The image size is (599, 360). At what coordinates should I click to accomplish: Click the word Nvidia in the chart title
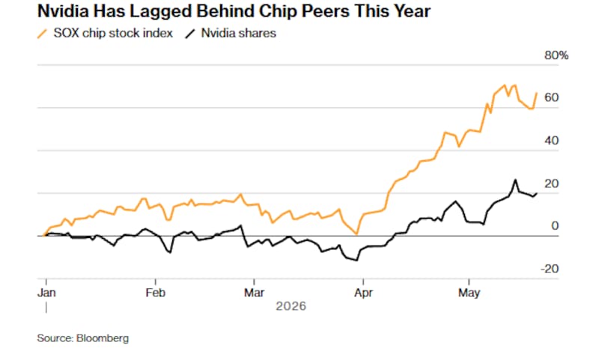click(x=63, y=11)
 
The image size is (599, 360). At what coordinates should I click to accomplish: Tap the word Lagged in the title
click(x=160, y=12)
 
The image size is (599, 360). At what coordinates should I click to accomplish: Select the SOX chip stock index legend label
click(x=113, y=33)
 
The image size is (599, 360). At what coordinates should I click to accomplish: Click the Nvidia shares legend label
click(x=238, y=33)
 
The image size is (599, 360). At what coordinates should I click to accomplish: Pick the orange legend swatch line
click(x=42, y=34)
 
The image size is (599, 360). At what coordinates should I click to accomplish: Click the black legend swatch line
click(x=190, y=34)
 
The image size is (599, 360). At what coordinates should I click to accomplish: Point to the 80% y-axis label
click(x=556, y=55)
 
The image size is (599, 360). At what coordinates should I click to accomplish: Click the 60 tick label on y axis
click(x=551, y=98)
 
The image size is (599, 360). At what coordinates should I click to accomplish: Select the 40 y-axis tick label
click(x=551, y=141)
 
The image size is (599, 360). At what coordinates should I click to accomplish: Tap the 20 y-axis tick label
click(x=551, y=183)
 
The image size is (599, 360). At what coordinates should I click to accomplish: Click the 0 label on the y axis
click(x=555, y=226)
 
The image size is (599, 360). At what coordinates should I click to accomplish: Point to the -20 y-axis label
click(x=550, y=269)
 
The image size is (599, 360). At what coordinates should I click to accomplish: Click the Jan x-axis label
click(x=46, y=293)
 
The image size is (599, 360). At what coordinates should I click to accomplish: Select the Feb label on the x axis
click(x=156, y=293)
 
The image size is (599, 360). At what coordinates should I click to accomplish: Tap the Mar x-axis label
click(x=254, y=293)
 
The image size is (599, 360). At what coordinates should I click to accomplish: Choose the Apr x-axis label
click(x=363, y=293)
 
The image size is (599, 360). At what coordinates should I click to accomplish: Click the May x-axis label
click(x=469, y=293)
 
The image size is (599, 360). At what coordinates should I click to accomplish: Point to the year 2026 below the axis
click(x=291, y=306)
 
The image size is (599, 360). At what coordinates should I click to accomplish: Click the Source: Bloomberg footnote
click(x=83, y=338)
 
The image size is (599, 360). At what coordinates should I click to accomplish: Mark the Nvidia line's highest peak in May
click(x=515, y=180)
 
